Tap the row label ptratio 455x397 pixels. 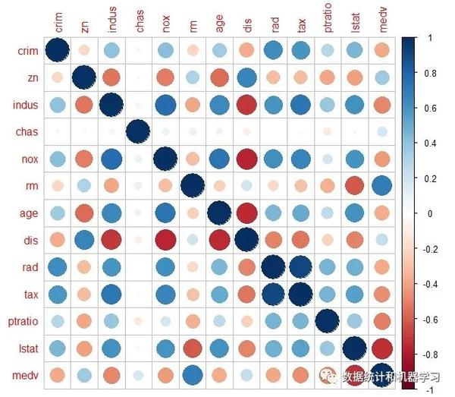point(23,321)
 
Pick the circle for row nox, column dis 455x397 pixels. point(247,159)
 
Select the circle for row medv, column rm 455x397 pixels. point(192,375)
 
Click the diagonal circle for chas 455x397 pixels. point(138,131)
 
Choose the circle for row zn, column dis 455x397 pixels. point(247,77)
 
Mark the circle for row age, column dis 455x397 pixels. point(247,213)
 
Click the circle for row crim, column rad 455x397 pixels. point(274,51)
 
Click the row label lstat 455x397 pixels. point(27,348)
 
